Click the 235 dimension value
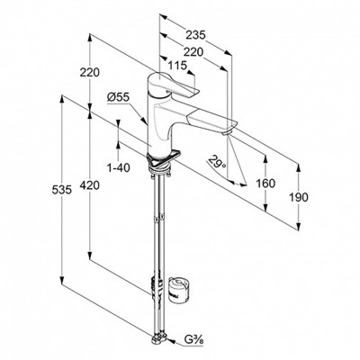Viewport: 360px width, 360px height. click(195, 35)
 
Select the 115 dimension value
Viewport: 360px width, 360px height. click(177, 65)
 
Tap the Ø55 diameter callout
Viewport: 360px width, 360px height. click(118, 97)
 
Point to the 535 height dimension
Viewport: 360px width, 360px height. click(62, 190)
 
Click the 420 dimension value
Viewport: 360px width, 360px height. click(89, 185)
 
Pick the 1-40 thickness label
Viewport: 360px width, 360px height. click(119, 168)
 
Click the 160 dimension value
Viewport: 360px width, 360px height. click(265, 183)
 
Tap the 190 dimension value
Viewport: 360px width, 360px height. click(299, 197)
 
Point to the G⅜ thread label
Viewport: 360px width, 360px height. click(193, 341)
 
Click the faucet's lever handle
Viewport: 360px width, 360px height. click(173, 85)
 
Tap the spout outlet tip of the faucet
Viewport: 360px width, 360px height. click(227, 132)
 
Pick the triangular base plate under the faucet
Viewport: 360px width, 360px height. click(162, 159)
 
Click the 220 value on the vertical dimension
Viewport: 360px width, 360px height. click(89, 72)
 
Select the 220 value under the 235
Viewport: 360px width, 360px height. click(193, 52)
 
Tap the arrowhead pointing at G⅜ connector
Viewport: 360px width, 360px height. click(171, 342)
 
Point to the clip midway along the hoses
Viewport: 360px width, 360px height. click(158, 219)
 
